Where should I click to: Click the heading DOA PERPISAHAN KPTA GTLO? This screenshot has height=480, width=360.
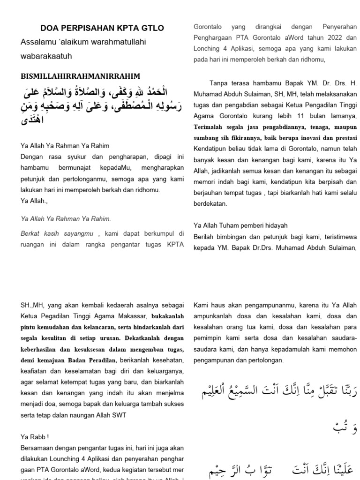[102, 28]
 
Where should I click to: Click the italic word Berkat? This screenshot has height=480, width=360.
[31, 233]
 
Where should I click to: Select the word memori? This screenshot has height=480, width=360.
[205, 181]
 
